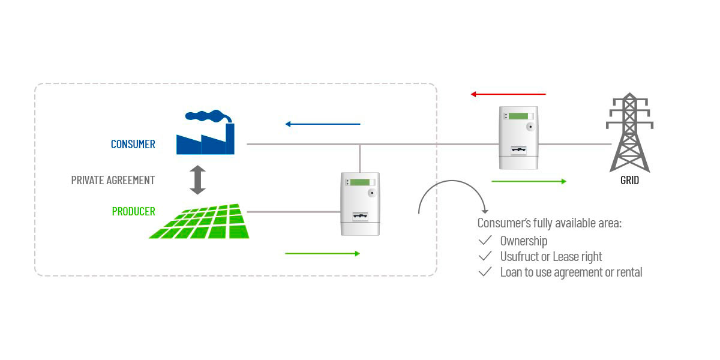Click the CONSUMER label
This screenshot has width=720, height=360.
coord(133,144)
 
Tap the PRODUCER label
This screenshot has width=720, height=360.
coord(133,212)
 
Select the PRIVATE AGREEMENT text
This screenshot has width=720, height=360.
coord(113,180)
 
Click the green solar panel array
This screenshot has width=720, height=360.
coord(200,222)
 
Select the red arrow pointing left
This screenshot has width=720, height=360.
coord(508,94)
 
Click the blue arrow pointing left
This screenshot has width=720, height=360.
coord(322,124)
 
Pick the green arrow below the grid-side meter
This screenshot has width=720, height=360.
coord(529,181)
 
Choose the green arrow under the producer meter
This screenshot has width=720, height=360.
coord(322,254)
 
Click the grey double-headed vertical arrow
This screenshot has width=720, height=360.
coord(197,180)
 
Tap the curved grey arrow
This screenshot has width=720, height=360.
coord(452,195)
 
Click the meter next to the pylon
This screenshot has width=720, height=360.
coord(519,137)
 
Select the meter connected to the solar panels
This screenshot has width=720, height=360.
coord(360,204)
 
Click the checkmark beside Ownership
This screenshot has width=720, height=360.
coord(485,241)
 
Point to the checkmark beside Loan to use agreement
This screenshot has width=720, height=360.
coord(485,272)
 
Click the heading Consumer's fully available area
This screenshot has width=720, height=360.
coord(549,224)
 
